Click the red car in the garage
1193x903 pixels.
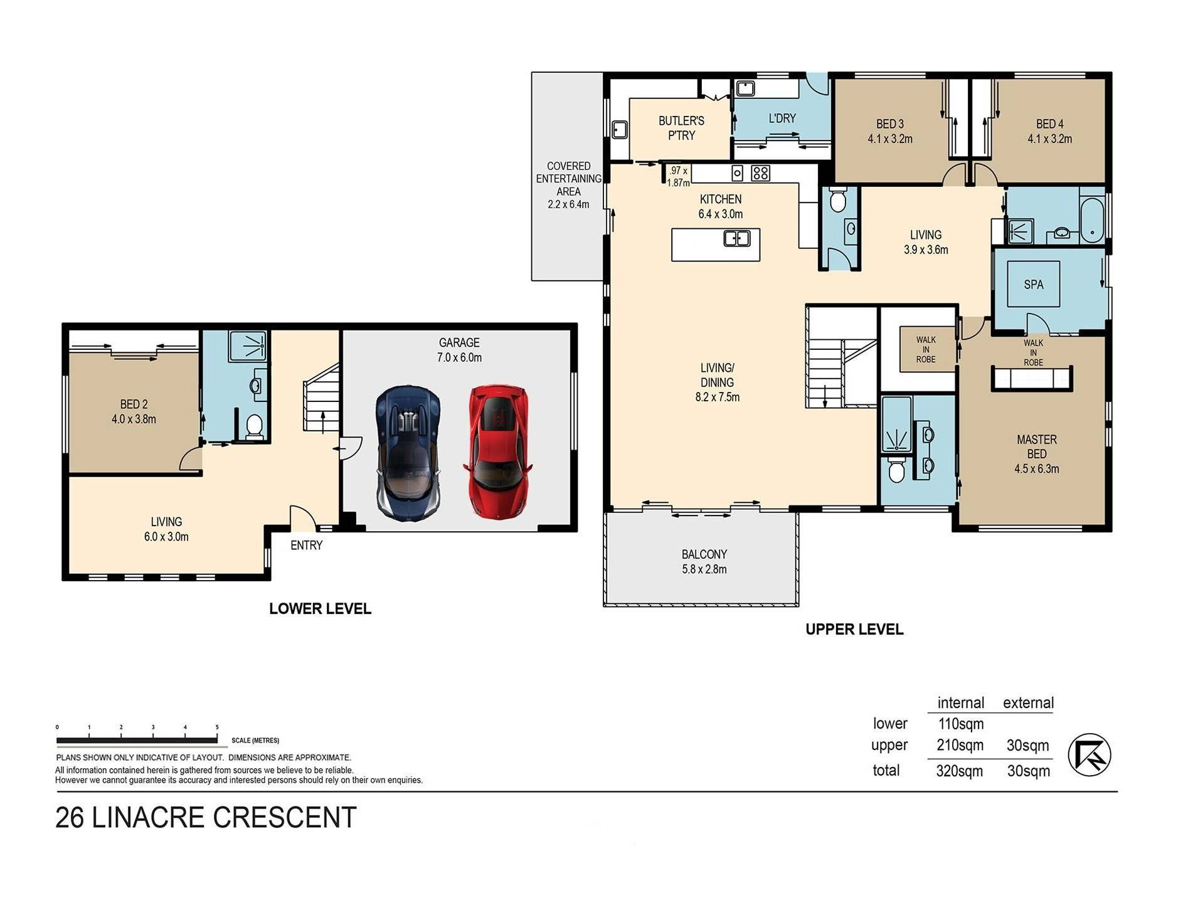click(498, 451)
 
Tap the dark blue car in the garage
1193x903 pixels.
click(408, 453)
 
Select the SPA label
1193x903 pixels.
click(1034, 285)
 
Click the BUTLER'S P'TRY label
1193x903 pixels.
click(681, 128)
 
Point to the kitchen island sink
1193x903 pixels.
click(737, 238)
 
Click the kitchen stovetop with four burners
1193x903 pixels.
click(760, 172)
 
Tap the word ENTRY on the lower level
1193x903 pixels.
click(307, 546)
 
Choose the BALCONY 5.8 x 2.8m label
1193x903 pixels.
click(704, 562)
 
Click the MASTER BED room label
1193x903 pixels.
click(1037, 454)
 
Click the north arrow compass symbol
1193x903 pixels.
click(1090, 754)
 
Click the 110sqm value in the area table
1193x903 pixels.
click(961, 724)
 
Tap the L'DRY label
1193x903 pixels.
click(782, 118)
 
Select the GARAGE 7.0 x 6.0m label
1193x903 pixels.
click(459, 350)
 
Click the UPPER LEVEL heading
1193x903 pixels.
click(854, 630)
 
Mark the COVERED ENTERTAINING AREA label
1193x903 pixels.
click(568, 185)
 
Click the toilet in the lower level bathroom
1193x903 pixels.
click(254, 426)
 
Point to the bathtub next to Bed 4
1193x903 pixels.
click(1092, 220)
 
